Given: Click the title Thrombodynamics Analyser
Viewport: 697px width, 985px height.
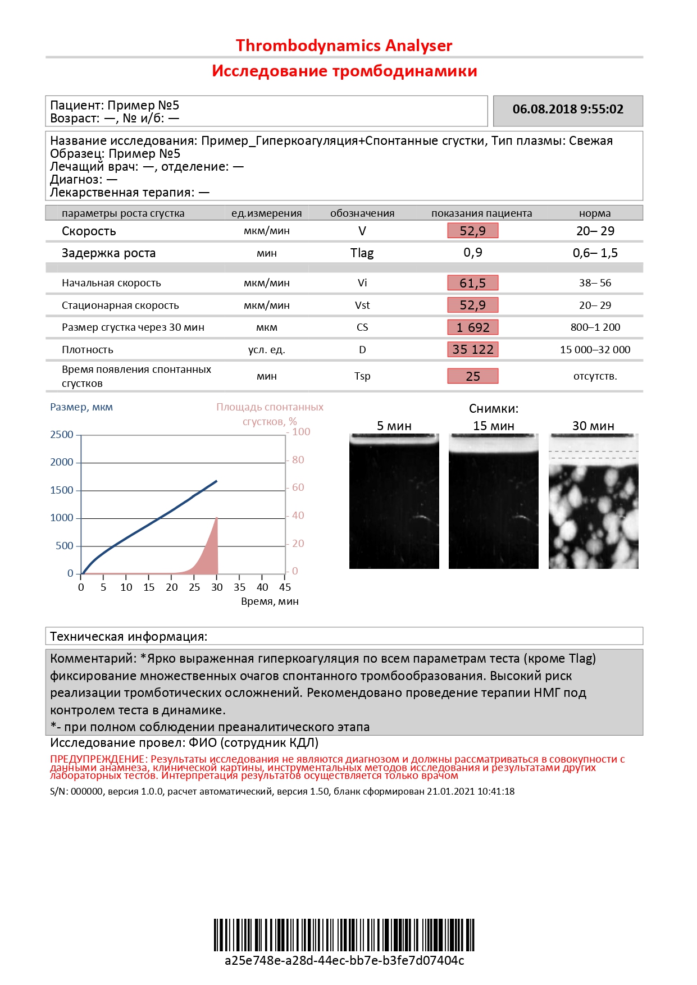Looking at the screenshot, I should coord(344,45).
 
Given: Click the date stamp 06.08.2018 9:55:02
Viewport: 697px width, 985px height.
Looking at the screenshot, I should coord(568,110).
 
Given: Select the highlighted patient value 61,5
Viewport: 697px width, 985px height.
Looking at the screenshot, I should coord(472,283).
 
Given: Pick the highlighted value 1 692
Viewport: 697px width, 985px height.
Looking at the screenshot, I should coord(472,327).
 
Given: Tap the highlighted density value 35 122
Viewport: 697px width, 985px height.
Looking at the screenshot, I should coord(472,349).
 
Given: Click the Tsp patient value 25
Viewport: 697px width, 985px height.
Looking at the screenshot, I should coord(472,376).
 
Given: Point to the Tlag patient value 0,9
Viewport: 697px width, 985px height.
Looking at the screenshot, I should coord(472,253).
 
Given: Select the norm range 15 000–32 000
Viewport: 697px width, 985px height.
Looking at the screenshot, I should coord(595,349).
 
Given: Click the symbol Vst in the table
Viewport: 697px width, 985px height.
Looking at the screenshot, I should coord(362,305).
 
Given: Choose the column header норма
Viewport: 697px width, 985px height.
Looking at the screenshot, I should coord(595,213).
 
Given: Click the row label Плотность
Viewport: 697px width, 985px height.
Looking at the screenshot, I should coord(88,350).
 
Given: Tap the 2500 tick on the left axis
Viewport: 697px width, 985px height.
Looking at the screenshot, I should coord(62,435).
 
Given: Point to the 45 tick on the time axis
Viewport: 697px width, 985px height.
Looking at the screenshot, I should coord(285,587).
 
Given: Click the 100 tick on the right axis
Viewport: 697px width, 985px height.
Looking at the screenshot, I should coord(301,432).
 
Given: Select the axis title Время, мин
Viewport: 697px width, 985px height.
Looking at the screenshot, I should coord(270,601).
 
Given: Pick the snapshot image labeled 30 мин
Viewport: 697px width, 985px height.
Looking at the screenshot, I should coord(593,501).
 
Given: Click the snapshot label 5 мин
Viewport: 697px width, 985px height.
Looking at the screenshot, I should coord(394,426).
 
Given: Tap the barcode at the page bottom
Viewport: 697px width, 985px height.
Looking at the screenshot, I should coord(344,934).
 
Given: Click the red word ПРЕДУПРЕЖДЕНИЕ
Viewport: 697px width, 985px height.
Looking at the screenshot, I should coord(98,759).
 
